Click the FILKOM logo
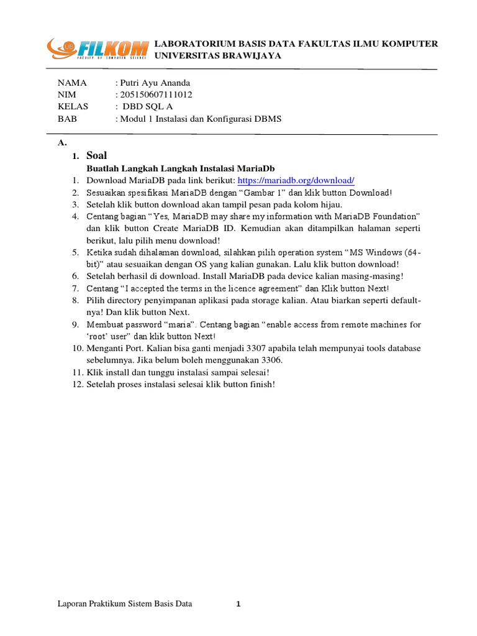coord(98,48)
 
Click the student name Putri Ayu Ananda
coord(155,83)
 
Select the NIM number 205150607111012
coord(157,94)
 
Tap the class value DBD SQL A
coord(148,106)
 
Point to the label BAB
coord(66,118)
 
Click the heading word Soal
coord(96,156)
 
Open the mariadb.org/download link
coord(296,181)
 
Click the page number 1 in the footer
coord(238,604)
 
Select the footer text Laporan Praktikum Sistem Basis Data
coord(125,604)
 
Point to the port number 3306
coord(271,360)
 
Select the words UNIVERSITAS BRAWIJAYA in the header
coord(217,55)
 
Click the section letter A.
coord(61,142)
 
